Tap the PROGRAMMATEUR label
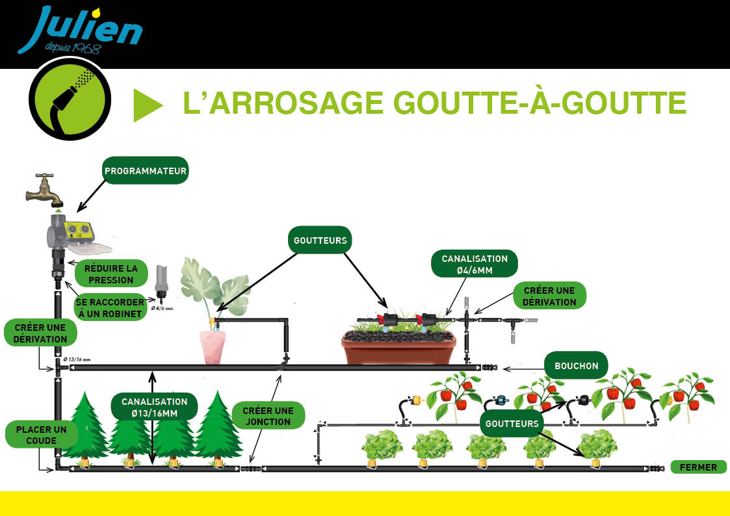coord(146,171)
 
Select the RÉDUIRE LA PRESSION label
coord(111,274)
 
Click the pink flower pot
coord(213,347)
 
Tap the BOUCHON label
coord(576,366)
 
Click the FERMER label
coord(697,467)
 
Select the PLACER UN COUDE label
coord(42,435)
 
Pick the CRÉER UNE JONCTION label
coord(268,416)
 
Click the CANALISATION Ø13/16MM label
coord(154,407)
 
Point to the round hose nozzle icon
coord(70,99)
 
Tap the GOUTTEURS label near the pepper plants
coord(512,424)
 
